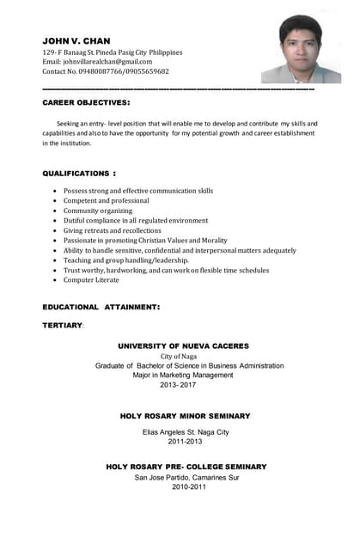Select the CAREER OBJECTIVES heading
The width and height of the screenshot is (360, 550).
(x=86, y=102)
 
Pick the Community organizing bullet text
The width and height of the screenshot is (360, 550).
(x=98, y=211)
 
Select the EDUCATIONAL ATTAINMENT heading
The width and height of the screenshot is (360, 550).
(x=101, y=306)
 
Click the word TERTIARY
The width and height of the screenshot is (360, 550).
(x=62, y=326)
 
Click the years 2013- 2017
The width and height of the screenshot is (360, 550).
(x=178, y=385)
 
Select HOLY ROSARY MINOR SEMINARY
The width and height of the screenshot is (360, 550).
(x=185, y=416)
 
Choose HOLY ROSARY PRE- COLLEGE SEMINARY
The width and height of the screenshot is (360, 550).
(x=186, y=467)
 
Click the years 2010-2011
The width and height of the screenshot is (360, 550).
(x=189, y=486)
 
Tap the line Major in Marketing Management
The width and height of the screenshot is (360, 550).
(x=183, y=375)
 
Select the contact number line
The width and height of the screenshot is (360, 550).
(x=106, y=72)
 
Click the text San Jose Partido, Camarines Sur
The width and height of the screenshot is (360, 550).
(x=186, y=477)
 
